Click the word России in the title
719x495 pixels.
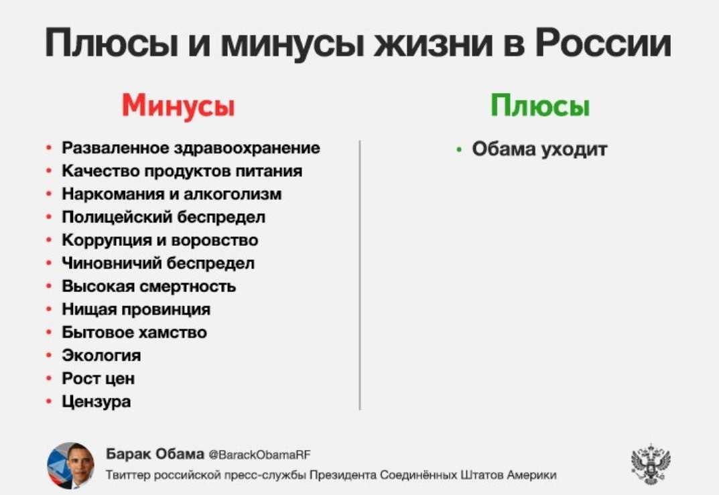604,43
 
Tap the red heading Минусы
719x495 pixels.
178,106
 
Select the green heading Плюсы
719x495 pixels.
539,105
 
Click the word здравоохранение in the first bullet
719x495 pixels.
247,148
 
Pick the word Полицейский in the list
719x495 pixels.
117,217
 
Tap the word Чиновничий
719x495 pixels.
112,263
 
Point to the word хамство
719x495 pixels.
172,332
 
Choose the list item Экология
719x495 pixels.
101,356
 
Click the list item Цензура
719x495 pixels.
96,402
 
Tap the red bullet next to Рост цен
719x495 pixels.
49,379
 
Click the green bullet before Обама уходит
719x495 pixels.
459,149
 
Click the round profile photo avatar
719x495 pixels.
70,465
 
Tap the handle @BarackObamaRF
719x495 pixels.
259,455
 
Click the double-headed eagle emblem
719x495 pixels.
651,464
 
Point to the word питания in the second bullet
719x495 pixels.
269,171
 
